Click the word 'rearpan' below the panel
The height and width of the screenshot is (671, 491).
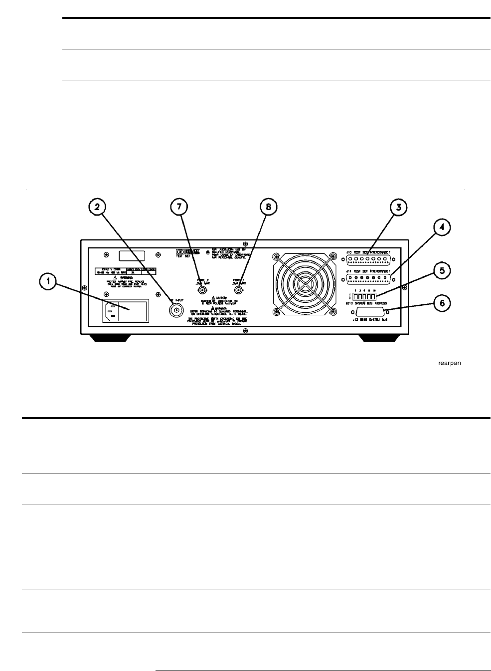click(449, 363)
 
